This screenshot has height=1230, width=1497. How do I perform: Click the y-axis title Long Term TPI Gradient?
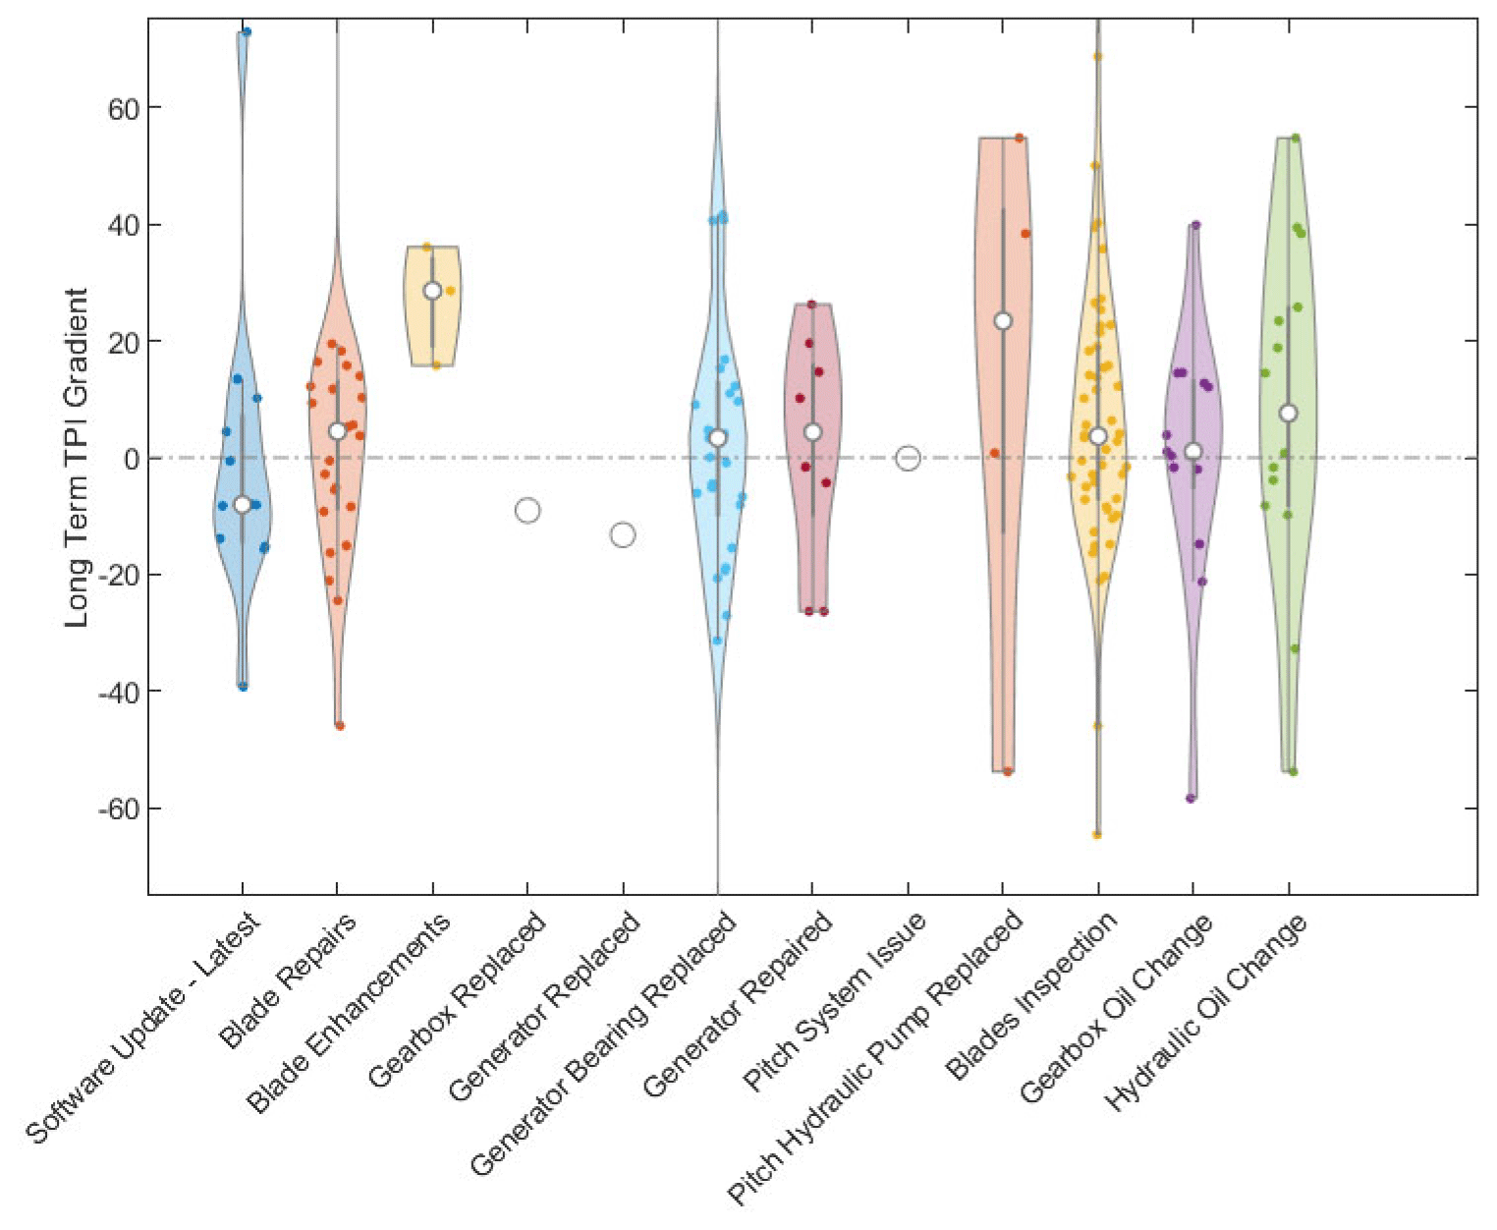[x=78, y=458]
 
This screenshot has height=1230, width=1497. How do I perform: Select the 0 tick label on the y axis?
[x=129, y=458]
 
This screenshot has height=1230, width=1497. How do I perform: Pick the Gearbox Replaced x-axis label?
[x=457, y=1000]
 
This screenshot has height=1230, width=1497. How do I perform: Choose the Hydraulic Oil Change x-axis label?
[x=1206, y=1013]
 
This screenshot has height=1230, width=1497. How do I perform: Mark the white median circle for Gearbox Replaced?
[x=527, y=510]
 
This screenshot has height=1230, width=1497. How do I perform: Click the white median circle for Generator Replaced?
[x=623, y=534]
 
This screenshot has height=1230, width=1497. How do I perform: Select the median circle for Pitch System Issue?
[x=908, y=458]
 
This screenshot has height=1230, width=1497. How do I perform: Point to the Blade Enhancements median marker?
[x=432, y=291]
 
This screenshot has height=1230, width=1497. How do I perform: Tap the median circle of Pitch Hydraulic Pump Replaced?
[x=1003, y=321]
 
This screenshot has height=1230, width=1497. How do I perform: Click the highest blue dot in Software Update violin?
[x=247, y=32]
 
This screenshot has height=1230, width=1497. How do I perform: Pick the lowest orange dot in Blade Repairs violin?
[x=340, y=726]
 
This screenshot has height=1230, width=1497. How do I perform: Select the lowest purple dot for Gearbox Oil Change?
[x=1191, y=798]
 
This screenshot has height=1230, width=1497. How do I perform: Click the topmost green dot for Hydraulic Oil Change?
[x=1296, y=139]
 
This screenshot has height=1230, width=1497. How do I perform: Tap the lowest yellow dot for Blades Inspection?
[x=1097, y=835]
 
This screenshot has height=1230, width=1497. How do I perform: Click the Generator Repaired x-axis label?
[x=738, y=1004]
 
